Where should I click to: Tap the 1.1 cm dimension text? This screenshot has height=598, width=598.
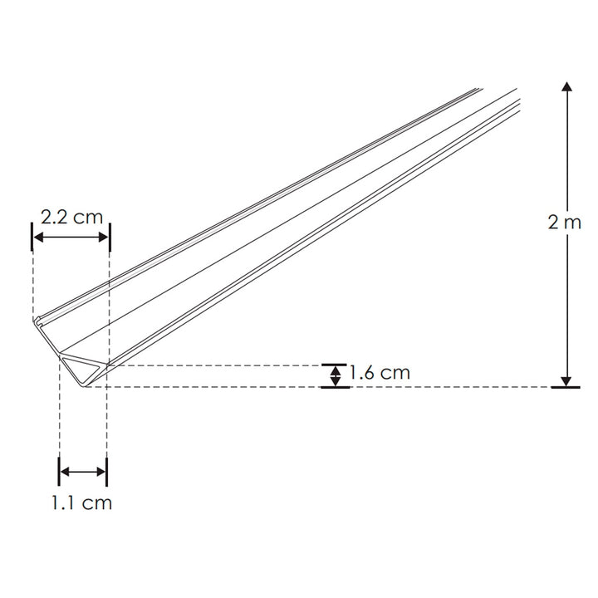click(83, 502)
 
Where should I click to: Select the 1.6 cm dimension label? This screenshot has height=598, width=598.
click(380, 372)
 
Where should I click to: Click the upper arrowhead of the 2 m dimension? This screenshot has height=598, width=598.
click(566, 88)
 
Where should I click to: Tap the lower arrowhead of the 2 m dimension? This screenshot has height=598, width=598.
click(566, 380)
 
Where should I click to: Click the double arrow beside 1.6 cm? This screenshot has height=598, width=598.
click(335, 375)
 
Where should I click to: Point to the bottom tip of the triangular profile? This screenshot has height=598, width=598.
click(85, 385)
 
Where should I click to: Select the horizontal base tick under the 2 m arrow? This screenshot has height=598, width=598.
click(566, 387)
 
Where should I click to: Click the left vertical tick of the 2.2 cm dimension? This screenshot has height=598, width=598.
click(32, 238)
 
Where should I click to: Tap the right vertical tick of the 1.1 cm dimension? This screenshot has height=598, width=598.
click(107, 472)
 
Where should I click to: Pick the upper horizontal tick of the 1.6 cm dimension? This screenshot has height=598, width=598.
click(335, 365)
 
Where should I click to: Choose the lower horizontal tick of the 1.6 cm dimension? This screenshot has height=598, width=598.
click(335, 387)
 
